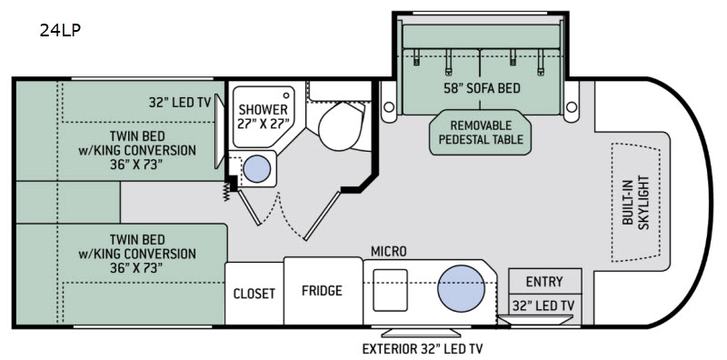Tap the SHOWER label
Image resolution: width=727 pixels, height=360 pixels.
[x=263, y=110]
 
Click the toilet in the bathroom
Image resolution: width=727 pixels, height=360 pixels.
[x=341, y=125]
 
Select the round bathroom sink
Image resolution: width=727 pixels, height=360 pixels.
[x=257, y=169]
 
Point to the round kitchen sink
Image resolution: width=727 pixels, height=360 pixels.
[x=458, y=288]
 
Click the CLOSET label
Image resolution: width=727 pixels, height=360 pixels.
[x=254, y=294]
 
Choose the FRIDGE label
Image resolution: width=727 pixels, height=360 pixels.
[x=322, y=290]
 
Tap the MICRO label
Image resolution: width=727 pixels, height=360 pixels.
[x=389, y=252]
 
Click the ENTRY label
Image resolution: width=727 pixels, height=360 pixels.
[x=544, y=282]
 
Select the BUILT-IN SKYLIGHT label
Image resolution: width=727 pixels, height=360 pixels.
[x=635, y=202]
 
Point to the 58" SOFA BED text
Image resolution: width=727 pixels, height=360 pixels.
[x=481, y=87]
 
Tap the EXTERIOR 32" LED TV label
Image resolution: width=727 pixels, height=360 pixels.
[x=419, y=348]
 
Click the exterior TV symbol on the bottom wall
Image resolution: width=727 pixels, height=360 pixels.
[x=421, y=333]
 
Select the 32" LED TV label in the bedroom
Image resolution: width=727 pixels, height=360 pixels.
[x=180, y=102]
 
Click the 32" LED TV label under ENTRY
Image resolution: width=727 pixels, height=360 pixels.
[x=543, y=305]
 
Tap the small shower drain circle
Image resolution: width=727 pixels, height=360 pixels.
[x=286, y=95]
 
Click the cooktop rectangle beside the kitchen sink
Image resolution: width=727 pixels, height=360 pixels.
[x=390, y=290]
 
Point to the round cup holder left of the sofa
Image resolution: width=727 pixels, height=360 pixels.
[x=389, y=107]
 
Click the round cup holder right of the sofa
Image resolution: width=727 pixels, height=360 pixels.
[x=573, y=107]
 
